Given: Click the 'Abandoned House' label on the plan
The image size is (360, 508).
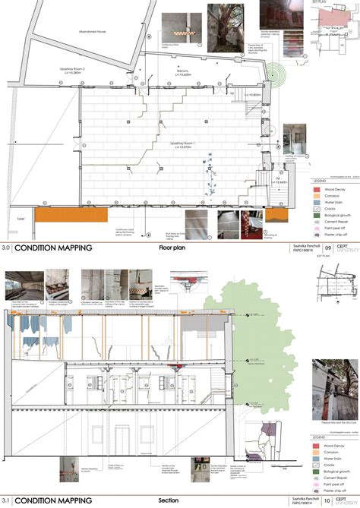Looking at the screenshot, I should pyautogui.click(x=92, y=31).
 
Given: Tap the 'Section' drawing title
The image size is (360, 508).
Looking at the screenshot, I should pyautogui.click(x=169, y=500).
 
